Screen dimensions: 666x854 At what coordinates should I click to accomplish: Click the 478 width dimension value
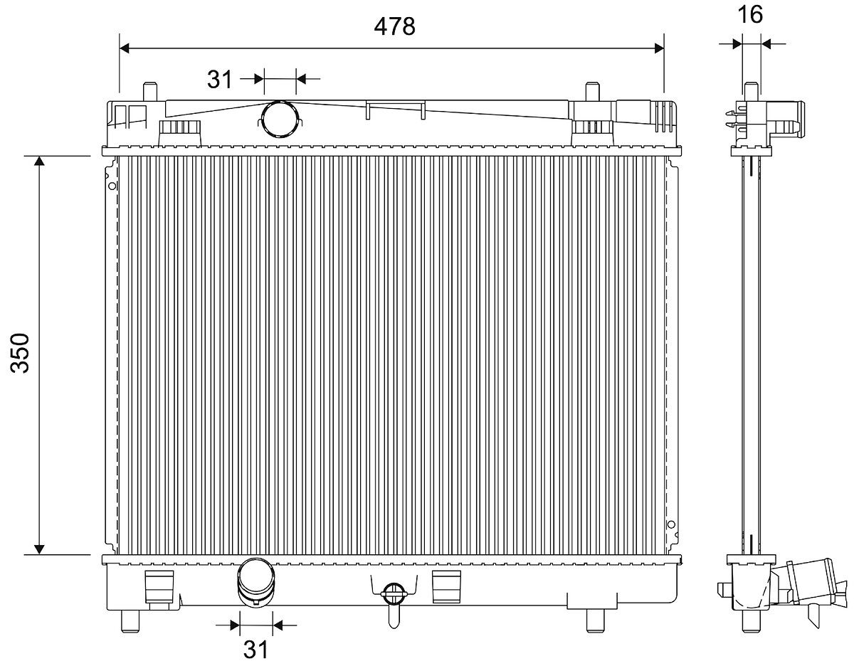[x=394, y=26]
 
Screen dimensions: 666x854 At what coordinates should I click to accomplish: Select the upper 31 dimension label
[x=220, y=78]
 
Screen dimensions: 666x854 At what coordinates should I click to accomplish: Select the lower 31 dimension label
[x=255, y=649]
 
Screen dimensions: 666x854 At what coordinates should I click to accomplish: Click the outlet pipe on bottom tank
[x=255, y=583]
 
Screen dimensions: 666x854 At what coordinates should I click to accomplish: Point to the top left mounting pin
[x=149, y=92]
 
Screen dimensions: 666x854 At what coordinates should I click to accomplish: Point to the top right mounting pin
[x=592, y=92]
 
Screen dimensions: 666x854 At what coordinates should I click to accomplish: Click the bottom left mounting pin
[x=130, y=620]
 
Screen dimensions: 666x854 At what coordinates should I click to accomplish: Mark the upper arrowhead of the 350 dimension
[x=40, y=162]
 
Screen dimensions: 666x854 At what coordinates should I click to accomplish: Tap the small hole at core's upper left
[x=112, y=186]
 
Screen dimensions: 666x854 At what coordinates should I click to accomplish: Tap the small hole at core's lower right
[x=670, y=525]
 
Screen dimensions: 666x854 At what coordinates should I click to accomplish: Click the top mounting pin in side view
[x=751, y=91]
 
